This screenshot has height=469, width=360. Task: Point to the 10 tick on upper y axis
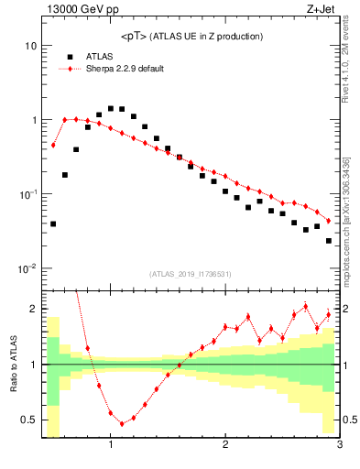[31, 46]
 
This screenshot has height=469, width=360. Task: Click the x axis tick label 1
[111, 445]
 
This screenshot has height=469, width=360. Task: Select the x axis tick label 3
[339, 445]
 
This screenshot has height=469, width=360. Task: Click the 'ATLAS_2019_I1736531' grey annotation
[190, 274]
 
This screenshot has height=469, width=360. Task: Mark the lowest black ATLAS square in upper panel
[329, 241]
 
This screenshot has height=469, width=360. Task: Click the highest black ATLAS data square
[111, 108]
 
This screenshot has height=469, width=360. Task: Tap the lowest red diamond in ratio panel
[122, 424]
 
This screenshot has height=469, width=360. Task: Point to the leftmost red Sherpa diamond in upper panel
[53, 145]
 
